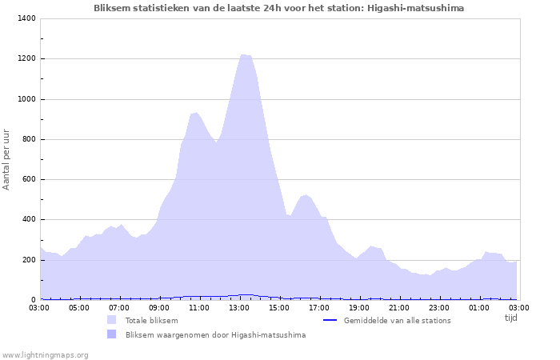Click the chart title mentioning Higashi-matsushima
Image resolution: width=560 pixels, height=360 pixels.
pos(278,8)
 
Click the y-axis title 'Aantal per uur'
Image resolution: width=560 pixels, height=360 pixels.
pos(7,158)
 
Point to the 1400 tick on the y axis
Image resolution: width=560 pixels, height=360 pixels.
pos(26,18)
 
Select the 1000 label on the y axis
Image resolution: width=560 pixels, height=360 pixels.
pos(26,99)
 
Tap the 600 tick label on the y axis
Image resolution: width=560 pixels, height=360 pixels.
pos(29,179)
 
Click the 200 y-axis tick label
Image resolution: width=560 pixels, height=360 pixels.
pos(29,260)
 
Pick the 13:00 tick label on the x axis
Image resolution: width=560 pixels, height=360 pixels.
pos(239,307)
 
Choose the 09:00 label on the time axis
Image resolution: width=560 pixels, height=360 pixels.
pos(159,307)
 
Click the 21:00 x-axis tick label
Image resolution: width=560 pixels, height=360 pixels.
pos(399,307)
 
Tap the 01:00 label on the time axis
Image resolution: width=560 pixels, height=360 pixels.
pos(479,307)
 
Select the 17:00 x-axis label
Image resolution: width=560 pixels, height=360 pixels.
pos(319,307)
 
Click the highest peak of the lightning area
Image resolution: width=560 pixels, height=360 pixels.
pos(244,54)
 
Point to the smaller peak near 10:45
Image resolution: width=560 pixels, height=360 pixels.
pos(195,113)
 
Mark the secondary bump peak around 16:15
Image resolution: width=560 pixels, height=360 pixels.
pos(305,194)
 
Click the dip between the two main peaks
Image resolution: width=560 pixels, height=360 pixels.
pos(215,142)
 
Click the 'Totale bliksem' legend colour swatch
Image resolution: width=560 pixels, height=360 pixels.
pos(111,320)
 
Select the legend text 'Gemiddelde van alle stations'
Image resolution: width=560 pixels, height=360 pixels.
pos(397,320)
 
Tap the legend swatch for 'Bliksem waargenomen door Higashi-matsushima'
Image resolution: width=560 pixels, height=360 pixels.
pos(111,334)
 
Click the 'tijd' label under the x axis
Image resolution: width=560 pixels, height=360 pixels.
pos(510,318)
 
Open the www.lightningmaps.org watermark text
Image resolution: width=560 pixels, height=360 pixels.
pos(45,354)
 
